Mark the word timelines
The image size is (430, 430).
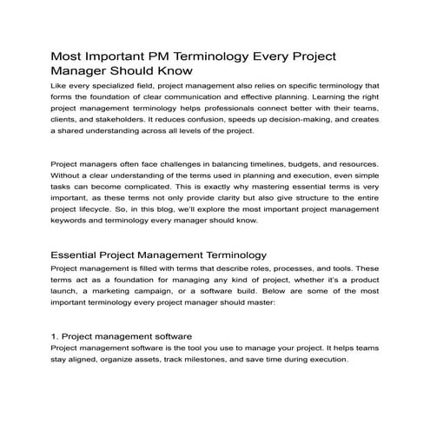click(x=254, y=164)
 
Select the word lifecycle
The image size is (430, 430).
click(x=102, y=208)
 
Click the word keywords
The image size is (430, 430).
click(x=75, y=220)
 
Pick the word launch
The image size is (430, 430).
click(x=69, y=292)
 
